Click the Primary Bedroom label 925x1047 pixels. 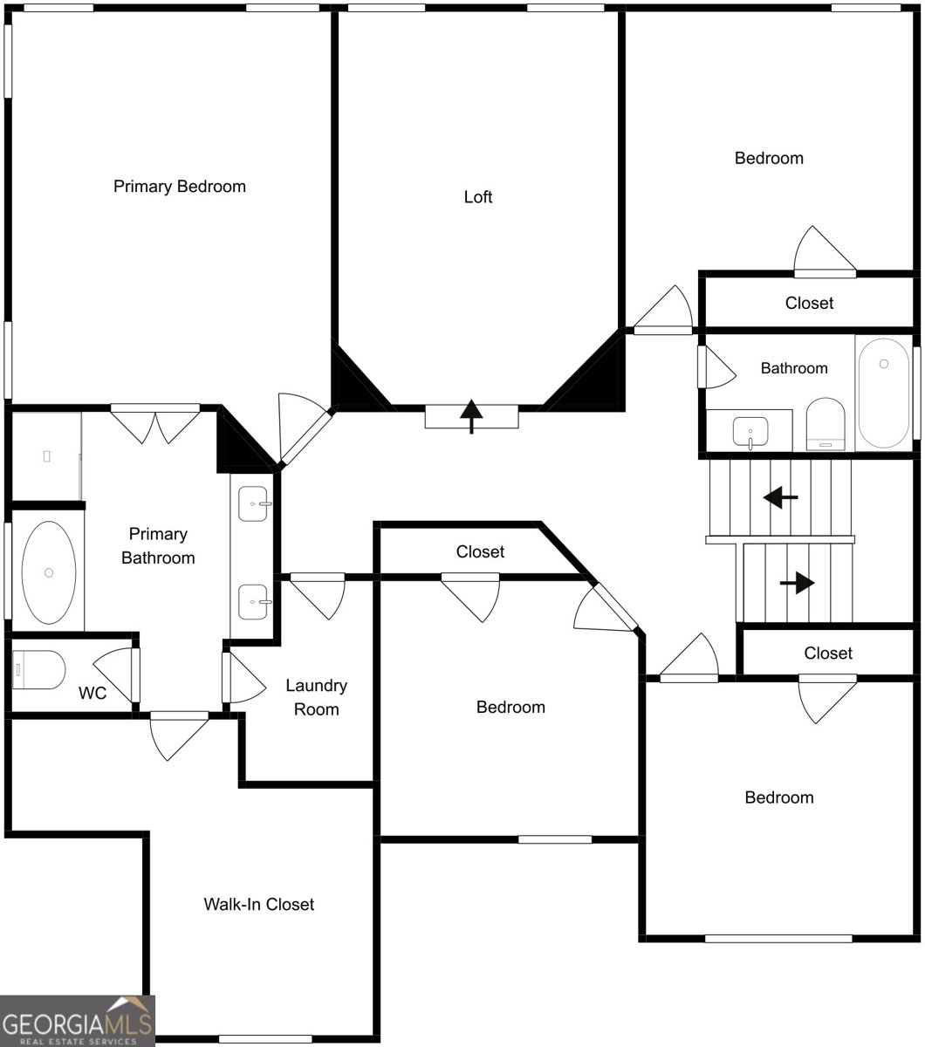(x=180, y=187)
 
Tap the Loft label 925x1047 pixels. (x=477, y=197)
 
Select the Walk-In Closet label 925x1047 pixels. (x=258, y=904)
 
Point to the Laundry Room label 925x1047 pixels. (x=317, y=697)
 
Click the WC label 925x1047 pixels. (x=92, y=693)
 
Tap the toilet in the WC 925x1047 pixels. (x=38, y=670)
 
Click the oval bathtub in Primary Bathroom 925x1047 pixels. (x=49, y=572)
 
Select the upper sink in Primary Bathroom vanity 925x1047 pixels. (x=253, y=503)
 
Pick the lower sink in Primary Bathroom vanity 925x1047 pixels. (x=253, y=602)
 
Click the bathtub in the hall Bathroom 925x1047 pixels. (x=884, y=393)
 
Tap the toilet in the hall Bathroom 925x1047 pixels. (x=826, y=424)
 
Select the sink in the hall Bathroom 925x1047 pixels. (x=750, y=432)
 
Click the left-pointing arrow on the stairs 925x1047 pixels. (x=780, y=497)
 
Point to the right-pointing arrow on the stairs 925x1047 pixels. (x=798, y=583)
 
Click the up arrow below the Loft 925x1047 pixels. (x=471, y=416)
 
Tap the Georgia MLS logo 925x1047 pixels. (x=77, y=1021)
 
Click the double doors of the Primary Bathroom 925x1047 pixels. (x=155, y=425)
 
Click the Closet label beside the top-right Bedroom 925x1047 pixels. (x=809, y=303)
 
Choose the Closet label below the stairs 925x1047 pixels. (x=828, y=654)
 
